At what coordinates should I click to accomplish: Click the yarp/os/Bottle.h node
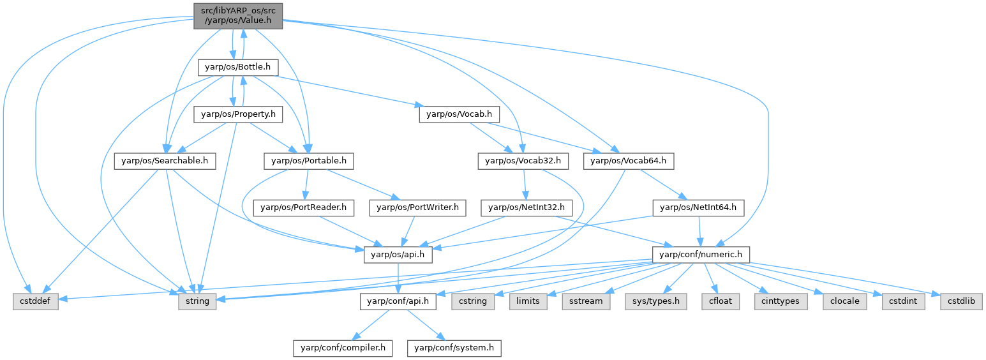tap(237, 66)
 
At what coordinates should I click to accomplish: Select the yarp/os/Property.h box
tap(238, 114)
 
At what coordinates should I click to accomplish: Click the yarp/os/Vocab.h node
tap(459, 114)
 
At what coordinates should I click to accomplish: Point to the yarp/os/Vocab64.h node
tap(629, 161)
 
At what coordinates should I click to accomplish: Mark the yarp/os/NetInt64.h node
tap(698, 207)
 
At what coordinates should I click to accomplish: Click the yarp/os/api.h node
tap(398, 255)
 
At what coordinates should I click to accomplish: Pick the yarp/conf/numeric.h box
tap(700, 255)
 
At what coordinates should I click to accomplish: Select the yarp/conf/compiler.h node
tap(343, 348)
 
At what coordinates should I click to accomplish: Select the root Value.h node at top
tap(238, 15)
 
